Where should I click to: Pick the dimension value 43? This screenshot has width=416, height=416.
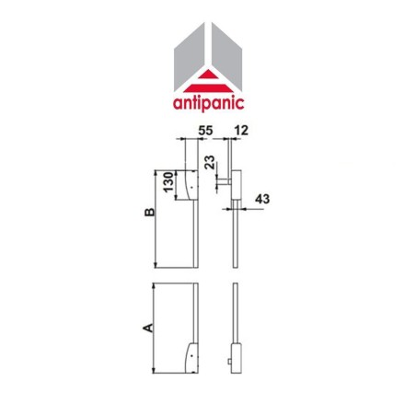tap(261, 197)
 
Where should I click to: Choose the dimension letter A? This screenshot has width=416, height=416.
tap(146, 326)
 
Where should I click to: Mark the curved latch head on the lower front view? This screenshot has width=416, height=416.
tap(191, 354)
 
